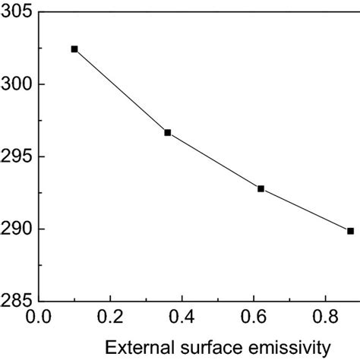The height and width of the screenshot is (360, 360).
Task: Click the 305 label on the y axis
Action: pos(16,12)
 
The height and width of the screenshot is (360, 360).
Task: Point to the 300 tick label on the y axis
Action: pos(16,84)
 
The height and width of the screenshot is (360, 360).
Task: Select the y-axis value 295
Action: pos(16,156)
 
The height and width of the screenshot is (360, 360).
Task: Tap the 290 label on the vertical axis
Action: pos(16,229)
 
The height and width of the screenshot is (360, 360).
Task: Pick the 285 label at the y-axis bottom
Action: pos(16,302)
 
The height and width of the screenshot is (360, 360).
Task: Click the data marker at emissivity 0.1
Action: pos(74,49)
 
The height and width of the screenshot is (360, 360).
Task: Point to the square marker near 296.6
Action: pos(168,132)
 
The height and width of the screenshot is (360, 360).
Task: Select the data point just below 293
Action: pos(261,188)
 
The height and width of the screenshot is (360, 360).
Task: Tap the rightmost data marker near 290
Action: pos(350,231)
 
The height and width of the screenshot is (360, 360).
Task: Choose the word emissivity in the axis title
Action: pos(292,347)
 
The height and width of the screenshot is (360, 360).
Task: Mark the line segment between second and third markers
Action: pos(214,160)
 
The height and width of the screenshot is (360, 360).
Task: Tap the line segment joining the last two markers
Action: pos(305,210)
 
